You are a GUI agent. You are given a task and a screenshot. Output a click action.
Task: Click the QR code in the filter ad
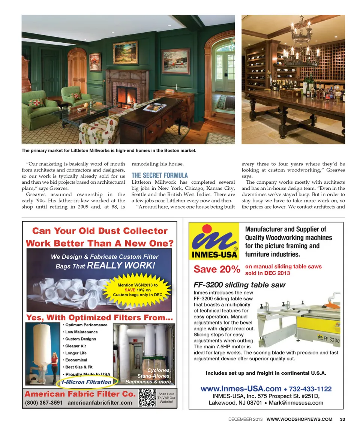(x=147, y=398)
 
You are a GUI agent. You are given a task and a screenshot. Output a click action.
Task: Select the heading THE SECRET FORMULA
(x=159, y=175)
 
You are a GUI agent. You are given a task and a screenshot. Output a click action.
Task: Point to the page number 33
(x=342, y=419)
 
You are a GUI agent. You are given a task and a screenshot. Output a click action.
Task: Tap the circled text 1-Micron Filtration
(x=87, y=382)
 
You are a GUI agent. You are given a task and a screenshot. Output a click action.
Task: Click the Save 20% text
(x=216, y=269)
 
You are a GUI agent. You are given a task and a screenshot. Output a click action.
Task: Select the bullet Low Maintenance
(x=81, y=332)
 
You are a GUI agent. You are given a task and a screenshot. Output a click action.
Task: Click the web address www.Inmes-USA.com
(x=241, y=388)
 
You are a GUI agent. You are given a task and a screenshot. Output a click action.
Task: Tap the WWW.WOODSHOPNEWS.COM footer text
(x=299, y=419)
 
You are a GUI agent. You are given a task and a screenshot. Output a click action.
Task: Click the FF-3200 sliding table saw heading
(x=239, y=285)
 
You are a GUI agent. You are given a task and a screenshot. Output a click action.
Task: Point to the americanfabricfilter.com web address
(x=100, y=403)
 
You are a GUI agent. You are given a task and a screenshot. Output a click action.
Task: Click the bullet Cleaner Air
(x=75, y=346)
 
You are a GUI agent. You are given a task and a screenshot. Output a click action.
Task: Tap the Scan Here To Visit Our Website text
(x=166, y=398)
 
